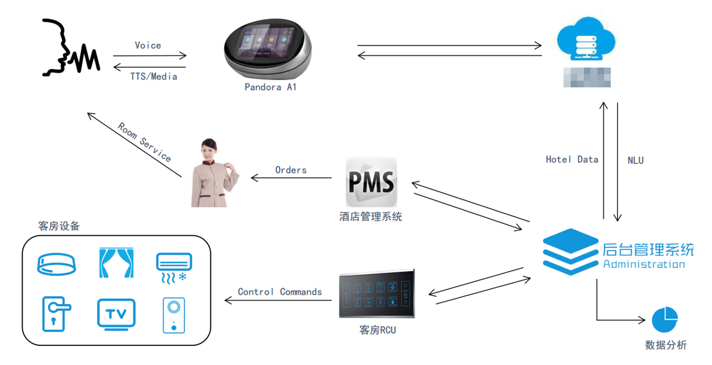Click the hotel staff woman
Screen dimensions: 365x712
pyautogui.click(x=213, y=173)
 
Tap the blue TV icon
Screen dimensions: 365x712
pyautogui.click(x=116, y=314)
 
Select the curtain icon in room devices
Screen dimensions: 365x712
pyautogui.click(x=116, y=263)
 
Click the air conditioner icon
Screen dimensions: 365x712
pyautogui.click(x=174, y=266)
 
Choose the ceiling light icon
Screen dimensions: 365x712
pyautogui.click(x=57, y=264)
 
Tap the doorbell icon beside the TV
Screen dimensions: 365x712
pyautogui.click(x=174, y=315)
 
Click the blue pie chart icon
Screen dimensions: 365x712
pyautogui.click(x=665, y=320)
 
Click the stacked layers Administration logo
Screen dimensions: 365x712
pyautogui.click(x=571, y=251)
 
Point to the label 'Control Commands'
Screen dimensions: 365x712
pyautogui.click(x=280, y=292)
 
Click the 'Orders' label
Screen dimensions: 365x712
pyautogui.click(x=291, y=170)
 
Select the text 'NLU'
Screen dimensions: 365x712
pyautogui.click(x=635, y=160)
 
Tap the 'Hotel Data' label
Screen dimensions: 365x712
pyautogui.click(x=572, y=160)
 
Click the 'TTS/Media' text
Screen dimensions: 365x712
pyautogui.click(x=154, y=77)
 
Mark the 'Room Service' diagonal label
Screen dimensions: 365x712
pyautogui.click(x=144, y=142)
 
